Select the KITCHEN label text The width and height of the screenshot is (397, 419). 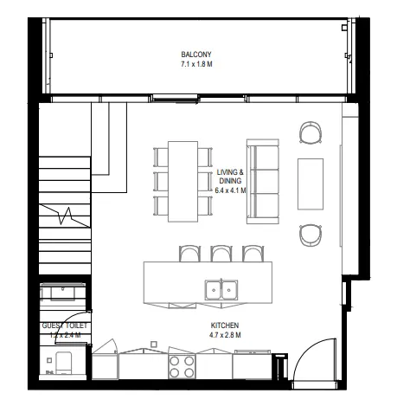click(225, 326)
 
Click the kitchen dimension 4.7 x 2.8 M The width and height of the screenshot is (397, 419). click(225, 335)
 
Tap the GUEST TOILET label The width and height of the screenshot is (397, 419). click(64, 325)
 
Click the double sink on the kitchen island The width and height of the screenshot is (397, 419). click(221, 290)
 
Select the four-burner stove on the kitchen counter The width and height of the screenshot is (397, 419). click(182, 366)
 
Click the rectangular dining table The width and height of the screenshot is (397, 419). click(182, 177)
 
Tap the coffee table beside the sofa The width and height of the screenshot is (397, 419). click(311, 183)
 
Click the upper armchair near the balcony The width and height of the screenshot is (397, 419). click(311, 132)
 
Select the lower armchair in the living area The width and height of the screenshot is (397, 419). click(311, 235)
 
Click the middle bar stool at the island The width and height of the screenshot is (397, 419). click(221, 253)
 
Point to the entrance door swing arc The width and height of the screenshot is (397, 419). click(316, 355)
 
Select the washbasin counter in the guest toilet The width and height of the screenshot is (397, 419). click(64, 292)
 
